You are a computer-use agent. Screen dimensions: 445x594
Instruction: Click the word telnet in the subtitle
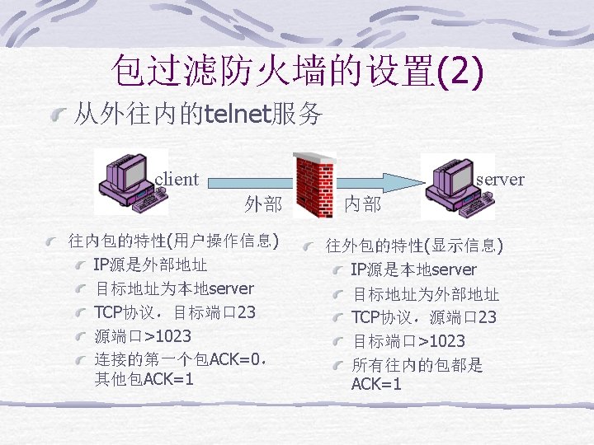click(238, 114)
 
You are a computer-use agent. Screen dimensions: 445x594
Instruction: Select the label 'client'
click(177, 179)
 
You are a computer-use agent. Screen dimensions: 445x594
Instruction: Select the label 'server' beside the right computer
click(500, 179)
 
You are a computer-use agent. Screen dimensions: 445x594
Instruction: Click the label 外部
click(263, 204)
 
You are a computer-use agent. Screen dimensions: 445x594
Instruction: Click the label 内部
click(363, 204)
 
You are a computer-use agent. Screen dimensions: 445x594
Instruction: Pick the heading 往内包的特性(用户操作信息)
click(174, 241)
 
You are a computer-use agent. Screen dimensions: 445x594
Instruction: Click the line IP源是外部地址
click(150, 265)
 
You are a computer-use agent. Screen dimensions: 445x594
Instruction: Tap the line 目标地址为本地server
click(174, 289)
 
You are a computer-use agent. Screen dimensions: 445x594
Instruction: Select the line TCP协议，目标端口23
click(174, 312)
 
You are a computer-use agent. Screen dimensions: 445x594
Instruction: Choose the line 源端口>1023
click(143, 336)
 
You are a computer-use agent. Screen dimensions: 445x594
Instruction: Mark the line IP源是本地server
click(413, 269)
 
